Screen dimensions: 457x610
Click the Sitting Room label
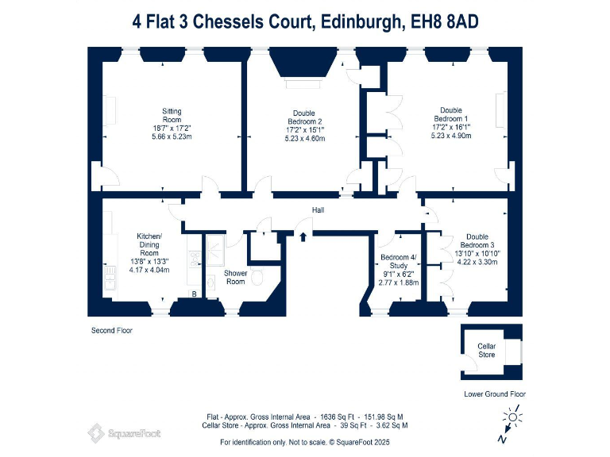tap(172, 116)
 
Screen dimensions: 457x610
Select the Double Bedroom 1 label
tap(450, 115)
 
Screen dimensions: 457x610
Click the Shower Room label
tap(236, 278)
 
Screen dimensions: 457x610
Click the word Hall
tap(318, 210)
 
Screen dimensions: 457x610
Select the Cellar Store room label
tap(486, 351)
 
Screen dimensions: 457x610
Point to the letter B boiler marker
tap(193, 294)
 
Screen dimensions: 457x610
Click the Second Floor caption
tap(110, 330)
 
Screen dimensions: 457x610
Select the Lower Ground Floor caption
tap(494, 394)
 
